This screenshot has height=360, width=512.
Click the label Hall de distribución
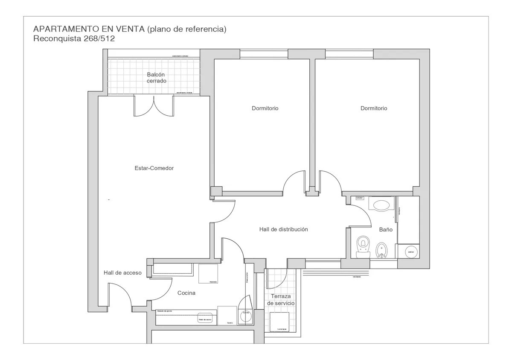[283, 229]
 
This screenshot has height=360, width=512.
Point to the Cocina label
[186, 293]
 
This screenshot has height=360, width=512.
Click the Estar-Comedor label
[154, 168]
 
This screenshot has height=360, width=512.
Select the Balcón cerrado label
[156, 77]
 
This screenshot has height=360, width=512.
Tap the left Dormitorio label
[265, 108]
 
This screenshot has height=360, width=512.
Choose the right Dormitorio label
[374, 108]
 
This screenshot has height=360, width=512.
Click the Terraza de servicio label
[280, 300]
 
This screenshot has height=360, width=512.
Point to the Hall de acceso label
[122, 273]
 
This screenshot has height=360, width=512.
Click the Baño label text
[386, 230]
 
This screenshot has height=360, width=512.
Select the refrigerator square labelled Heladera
[208, 274]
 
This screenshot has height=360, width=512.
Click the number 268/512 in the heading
[99, 38]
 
